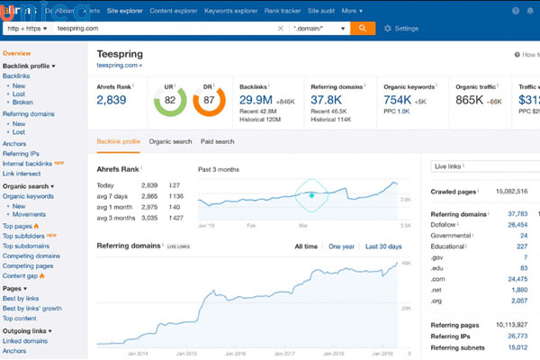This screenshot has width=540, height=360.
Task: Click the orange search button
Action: coord(362,28)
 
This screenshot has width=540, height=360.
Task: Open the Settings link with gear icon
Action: coord(401,29)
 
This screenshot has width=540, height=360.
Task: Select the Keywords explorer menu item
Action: coord(229,10)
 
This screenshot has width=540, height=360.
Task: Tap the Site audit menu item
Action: coord(321,10)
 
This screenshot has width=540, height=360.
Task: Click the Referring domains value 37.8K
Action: coord(331,100)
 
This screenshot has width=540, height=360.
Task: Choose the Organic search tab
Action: coord(170,141)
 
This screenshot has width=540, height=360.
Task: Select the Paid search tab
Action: coord(217,141)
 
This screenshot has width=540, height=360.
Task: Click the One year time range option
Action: coord(341,246)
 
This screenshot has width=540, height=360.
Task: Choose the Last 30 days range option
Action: coord(383,246)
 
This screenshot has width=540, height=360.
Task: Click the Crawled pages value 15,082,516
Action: coord(510,192)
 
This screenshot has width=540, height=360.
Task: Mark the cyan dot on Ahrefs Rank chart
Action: coord(311,194)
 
